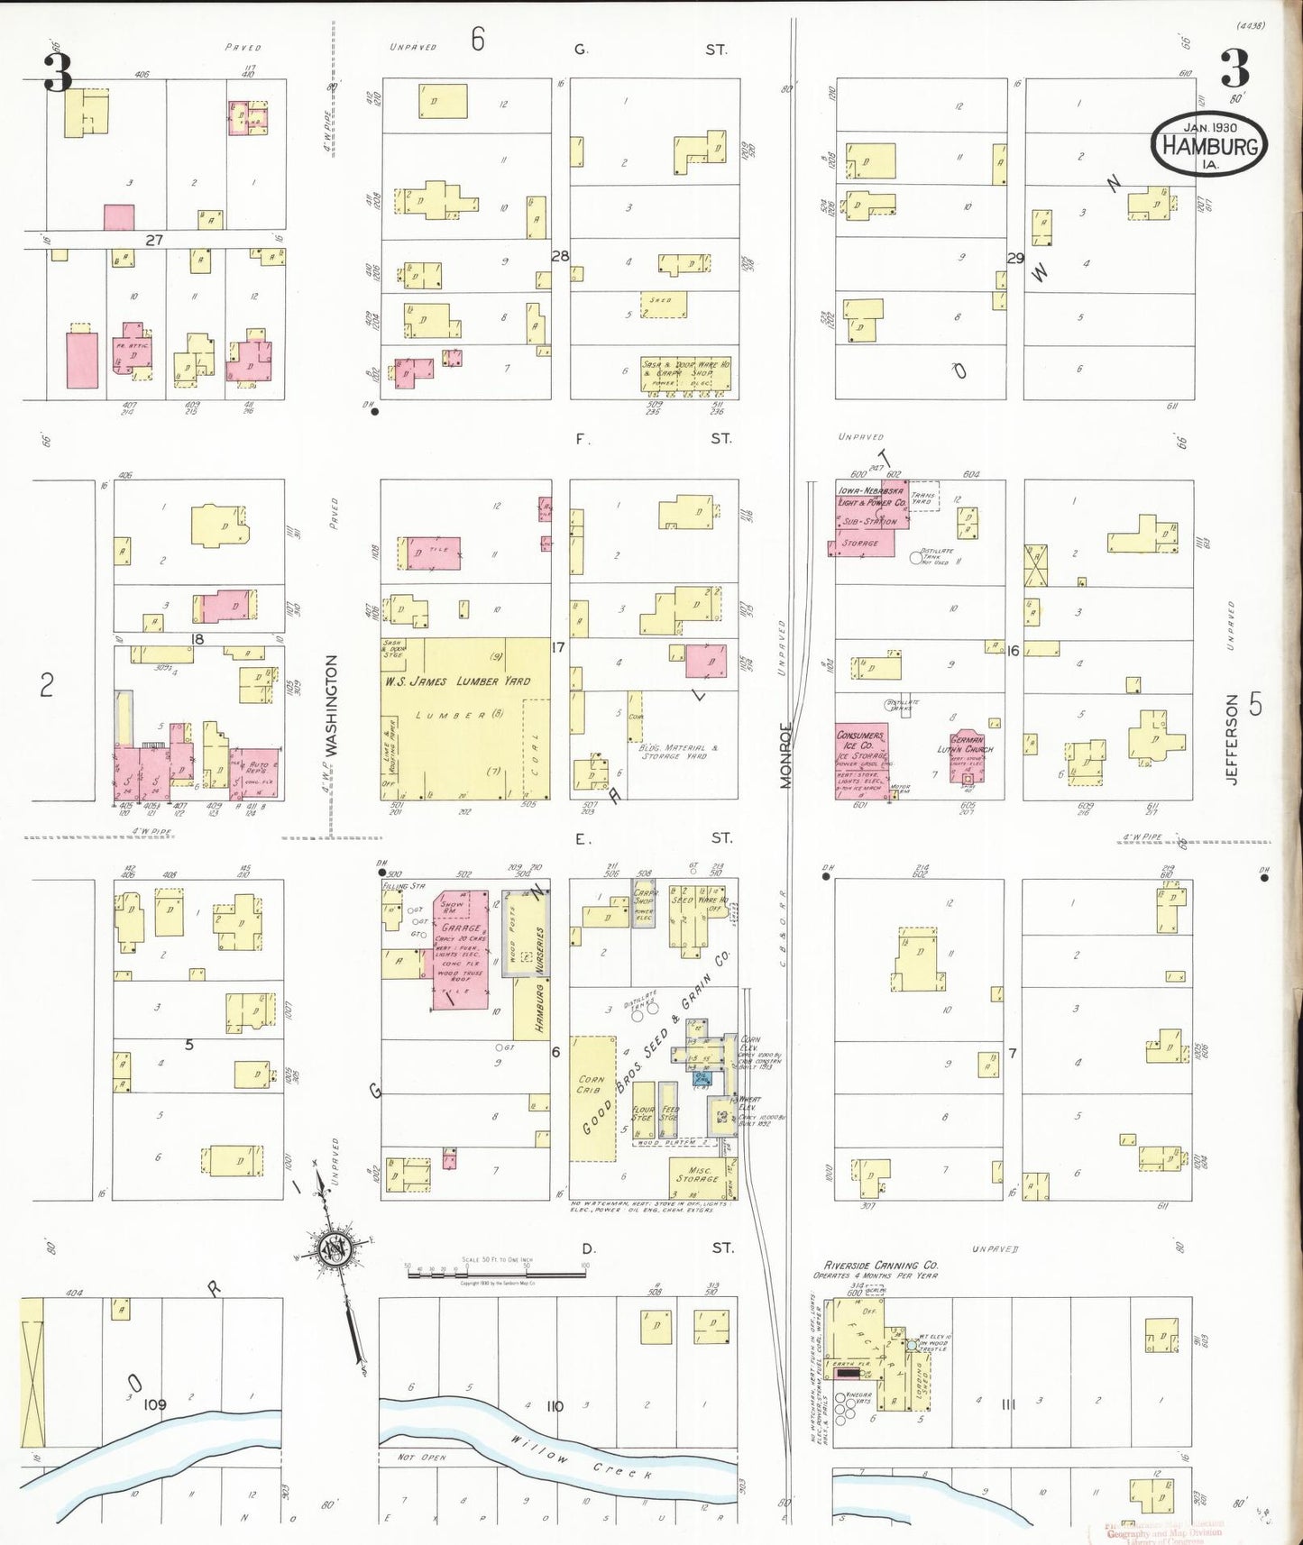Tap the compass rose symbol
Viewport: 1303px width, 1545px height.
pyautogui.click(x=335, y=1248)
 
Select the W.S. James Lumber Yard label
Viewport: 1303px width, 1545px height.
pyautogui.click(x=457, y=681)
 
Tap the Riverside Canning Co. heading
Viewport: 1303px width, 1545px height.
pyautogui.click(x=880, y=1266)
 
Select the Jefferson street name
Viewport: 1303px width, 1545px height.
pyautogui.click(x=1232, y=739)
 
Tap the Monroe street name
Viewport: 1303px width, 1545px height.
pyautogui.click(x=785, y=755)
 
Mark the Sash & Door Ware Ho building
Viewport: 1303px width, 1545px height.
pyautogui.click(x=685, y=374)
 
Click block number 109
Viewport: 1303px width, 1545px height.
pyautogui.click(x=155, y=1404)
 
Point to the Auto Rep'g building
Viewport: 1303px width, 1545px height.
pyautogui.click(x=257, y=772)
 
